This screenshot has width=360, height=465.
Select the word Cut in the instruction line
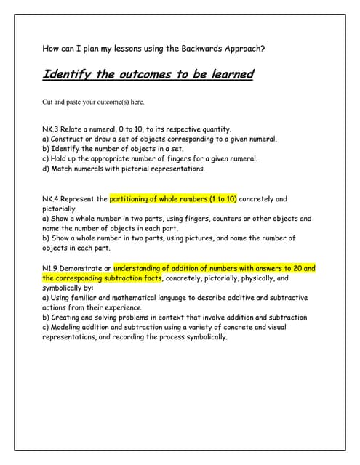[x=49, y=102]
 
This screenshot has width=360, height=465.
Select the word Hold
[x=60, y=158]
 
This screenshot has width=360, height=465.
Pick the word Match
[x=63, y=169]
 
